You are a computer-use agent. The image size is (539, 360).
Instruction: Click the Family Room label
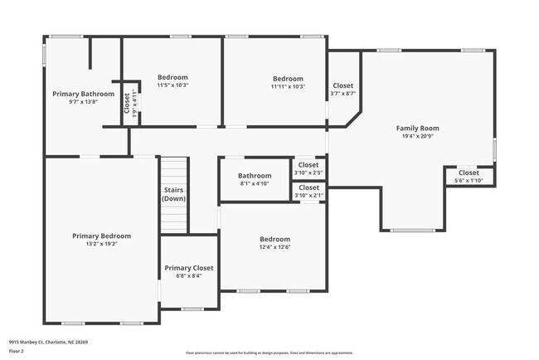pyautogui.click(x=417, y=128)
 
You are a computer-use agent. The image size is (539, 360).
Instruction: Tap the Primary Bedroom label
pyautogui.click(x=101, y=236)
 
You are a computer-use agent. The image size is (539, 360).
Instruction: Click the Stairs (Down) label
pyautogui.click(x=174, y=194)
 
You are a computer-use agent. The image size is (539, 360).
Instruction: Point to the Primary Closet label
pyautogui.click(x=188, y=268)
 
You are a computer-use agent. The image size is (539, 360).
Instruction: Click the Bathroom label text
pyautogui.click(x=255, y=175)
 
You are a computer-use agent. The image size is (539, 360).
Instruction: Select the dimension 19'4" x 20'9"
pyautogui.click(x=417, y=136)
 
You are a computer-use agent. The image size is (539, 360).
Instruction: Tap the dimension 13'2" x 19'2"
pyautogui.click(x=101, y=244)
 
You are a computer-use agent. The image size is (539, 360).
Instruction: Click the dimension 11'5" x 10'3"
pyautogui.click(x=172, y=85)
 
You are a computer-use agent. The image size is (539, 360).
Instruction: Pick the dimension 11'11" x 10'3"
pyautogui.click(x=288, y=86)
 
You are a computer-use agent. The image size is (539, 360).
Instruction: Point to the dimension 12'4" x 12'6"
pyautogui.click(x=274, y=246)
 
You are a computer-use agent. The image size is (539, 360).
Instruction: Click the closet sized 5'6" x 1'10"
pyautogui.click(x=469, y=176)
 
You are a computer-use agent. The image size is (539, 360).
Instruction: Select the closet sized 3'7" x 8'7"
pyautogui.click(x=343, y=89)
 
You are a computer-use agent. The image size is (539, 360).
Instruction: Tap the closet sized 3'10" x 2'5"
pyautogui.click(x=308, y=168)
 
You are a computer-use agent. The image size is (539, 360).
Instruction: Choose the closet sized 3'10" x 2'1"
pyautogui.click(x=308, y=191)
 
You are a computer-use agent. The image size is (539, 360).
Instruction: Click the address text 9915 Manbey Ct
pyautogui.click(x=48, y=341)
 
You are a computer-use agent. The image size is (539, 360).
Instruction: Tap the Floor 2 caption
pyautogui.click(x=17, y=352)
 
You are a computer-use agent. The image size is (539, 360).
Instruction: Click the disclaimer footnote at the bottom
pyautogui.click(x=269, y=353)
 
